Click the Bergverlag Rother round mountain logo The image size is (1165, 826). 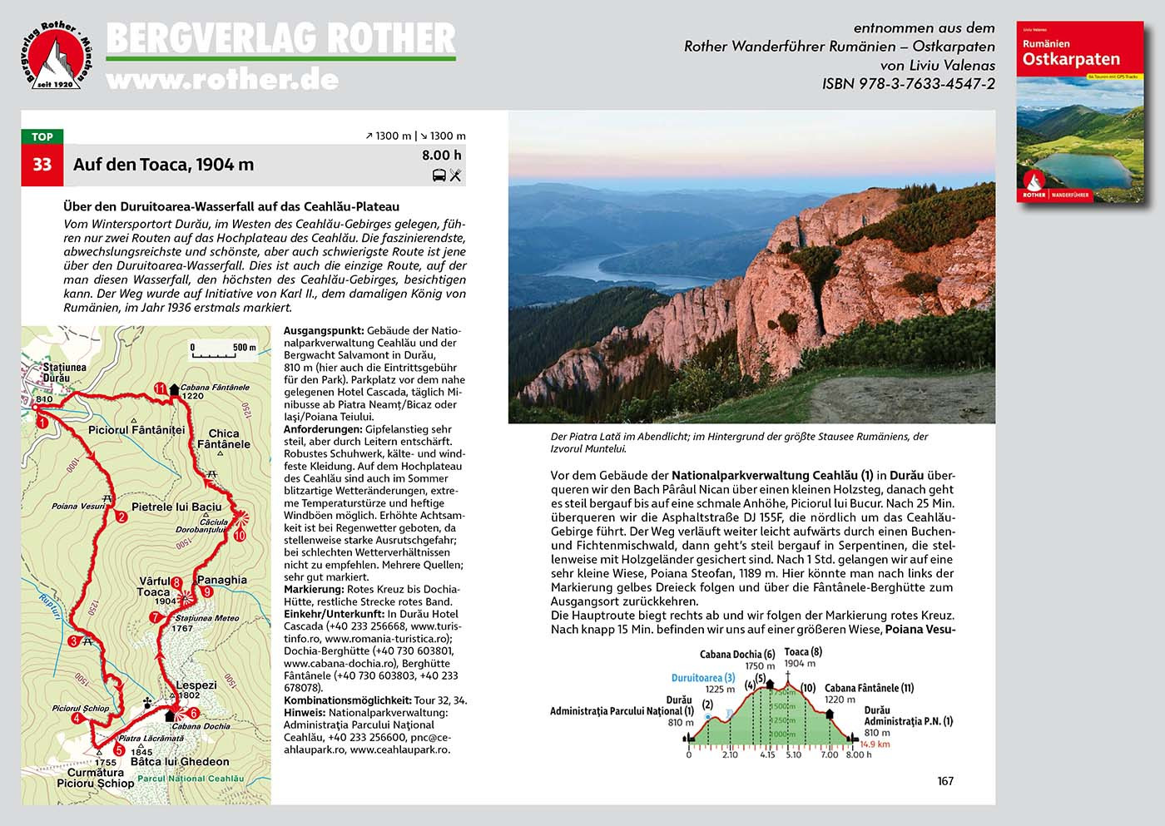(x=56, y=55)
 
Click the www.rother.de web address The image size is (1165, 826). (x=222, y=79)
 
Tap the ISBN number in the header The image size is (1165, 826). (x=908, y=83)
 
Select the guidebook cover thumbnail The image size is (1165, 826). (x=1080, y=111)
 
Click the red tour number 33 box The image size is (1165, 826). (x=42, y=165)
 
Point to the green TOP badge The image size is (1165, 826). (x=42, y=136)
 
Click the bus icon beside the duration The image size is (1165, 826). (x=439, y=176)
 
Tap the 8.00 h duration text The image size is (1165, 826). (x=441, y=155)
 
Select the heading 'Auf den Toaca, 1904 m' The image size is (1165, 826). (x=163, y=165)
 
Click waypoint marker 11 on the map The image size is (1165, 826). (x=161, y=388)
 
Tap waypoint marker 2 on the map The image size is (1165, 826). (x=121, y=517)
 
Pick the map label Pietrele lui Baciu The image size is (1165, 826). (x=176, y=507)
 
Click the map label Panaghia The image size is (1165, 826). (x=221, y=580)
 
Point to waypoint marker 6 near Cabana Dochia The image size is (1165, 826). (x=194, y=713)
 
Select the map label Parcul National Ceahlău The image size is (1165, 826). (x=191, y=779)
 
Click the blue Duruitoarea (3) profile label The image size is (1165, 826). (x=703, y=678)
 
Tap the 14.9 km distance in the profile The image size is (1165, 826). (x=875, y=744)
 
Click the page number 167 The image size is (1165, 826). (x=945, y=781)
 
